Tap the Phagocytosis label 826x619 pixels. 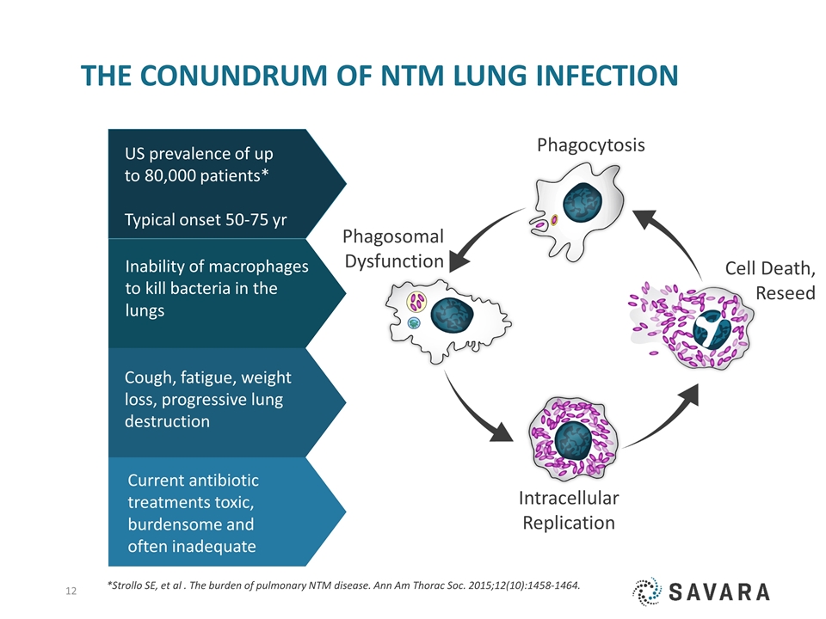(x=590, y=145)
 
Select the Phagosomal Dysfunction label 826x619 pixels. (x=393, y=248)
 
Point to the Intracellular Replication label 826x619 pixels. (x=569, y=510)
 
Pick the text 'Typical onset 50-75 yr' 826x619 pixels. (x=206, y=220)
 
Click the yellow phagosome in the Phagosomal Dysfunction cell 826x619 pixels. (x=417, y=302)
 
